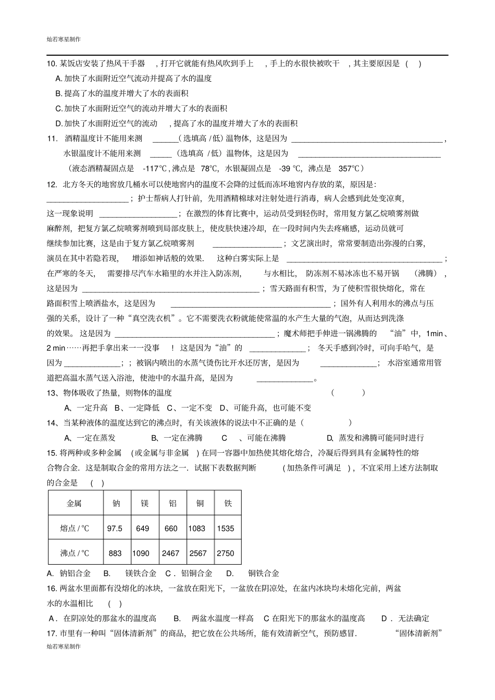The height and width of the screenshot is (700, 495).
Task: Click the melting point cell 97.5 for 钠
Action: [115, 528]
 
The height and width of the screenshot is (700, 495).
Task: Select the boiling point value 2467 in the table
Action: [170, 553]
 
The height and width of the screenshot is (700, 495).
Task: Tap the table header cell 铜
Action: [200, 503]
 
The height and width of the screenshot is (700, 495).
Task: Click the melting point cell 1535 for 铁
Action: [226, 528]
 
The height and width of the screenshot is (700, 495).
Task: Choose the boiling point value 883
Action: [115, 553]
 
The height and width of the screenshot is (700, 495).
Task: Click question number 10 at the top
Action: [52, 63]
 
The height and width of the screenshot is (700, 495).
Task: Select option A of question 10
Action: [133, 79]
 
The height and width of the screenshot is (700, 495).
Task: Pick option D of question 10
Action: [176, 123]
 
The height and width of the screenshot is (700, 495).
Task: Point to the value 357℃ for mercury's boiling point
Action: [349, 168]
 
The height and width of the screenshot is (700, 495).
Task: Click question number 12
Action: [52, 184]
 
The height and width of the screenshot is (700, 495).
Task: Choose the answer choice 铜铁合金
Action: [264, 573]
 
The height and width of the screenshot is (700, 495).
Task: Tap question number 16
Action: [52, 588]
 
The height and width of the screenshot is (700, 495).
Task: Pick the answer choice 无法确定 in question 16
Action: [414, 618]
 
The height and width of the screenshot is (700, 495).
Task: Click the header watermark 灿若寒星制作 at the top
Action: [64, 39]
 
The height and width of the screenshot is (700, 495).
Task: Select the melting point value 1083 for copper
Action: [197, 528]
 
